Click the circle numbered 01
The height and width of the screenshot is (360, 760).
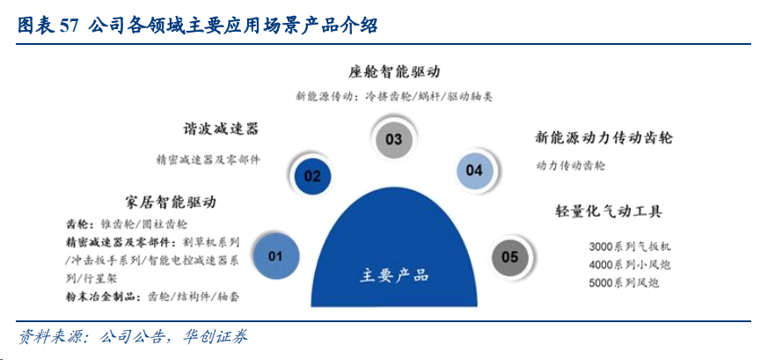(274, 255)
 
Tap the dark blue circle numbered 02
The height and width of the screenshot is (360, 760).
(312, 176)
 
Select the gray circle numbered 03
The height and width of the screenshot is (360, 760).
(394, 139)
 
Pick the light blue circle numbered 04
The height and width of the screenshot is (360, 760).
(474, 170)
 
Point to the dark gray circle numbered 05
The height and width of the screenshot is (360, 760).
(510, 256)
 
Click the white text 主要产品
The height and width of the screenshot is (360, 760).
(393, 276)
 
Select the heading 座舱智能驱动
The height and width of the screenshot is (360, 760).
(393, 72)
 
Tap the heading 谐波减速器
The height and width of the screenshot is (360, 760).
(221, 129)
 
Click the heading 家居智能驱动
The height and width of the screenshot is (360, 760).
(170, 202)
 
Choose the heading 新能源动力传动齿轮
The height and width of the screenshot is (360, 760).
(603, 137)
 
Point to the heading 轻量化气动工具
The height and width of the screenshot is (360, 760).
(609, 211)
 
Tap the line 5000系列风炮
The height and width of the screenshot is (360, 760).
(625, 283)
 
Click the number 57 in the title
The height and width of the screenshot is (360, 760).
(69, 26)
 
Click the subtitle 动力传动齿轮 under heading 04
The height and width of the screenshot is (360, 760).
(571, 165)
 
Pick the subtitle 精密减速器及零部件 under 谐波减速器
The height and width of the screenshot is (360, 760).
(208, 159)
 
